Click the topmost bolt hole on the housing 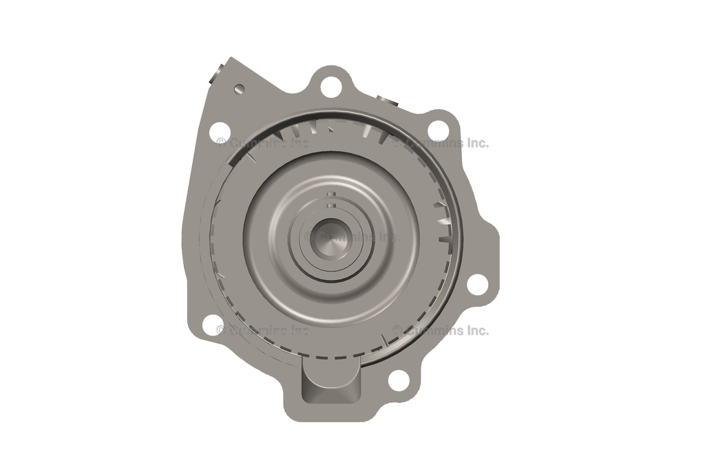pyautogui.click(x=330, y=86)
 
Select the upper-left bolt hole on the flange pyautogui.click(x=219, y=129)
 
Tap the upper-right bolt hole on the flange pyautogui.click(x=437, y=129)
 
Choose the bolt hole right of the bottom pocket pyautogui.click(x=399, y=380)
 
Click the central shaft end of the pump pyautogui.click(x=331, y=236)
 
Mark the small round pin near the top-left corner pyautogui.click(x=239, y=89)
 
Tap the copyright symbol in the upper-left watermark pyautogui.click(x=221, y=143)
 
